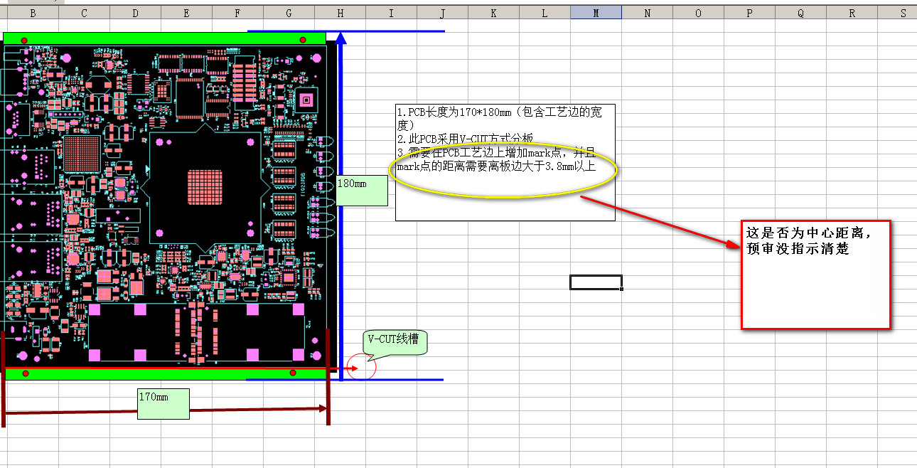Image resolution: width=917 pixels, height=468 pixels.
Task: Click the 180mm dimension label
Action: coord(362,190)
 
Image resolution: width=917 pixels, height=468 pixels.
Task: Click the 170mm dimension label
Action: coord(163,403)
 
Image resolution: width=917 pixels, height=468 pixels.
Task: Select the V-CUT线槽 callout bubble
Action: coord(395,343)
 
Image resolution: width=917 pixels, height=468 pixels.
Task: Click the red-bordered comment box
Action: coord(815,274)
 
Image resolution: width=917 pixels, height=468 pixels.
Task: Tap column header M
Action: coord(596,13)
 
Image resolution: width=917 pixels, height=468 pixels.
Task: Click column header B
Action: coord(33,13)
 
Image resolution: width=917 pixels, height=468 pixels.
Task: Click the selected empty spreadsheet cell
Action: coord(596,282)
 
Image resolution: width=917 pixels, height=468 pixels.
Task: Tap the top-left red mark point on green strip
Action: coord(25,41)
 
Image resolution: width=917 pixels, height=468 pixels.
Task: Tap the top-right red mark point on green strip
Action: coord(303,40)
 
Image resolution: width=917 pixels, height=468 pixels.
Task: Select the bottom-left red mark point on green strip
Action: coord(26,373)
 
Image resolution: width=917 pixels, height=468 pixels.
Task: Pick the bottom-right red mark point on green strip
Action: coord(293,373)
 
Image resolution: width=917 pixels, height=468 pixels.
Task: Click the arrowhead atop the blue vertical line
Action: coord(341,38)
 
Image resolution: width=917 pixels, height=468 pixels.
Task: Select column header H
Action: coord(340,13)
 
